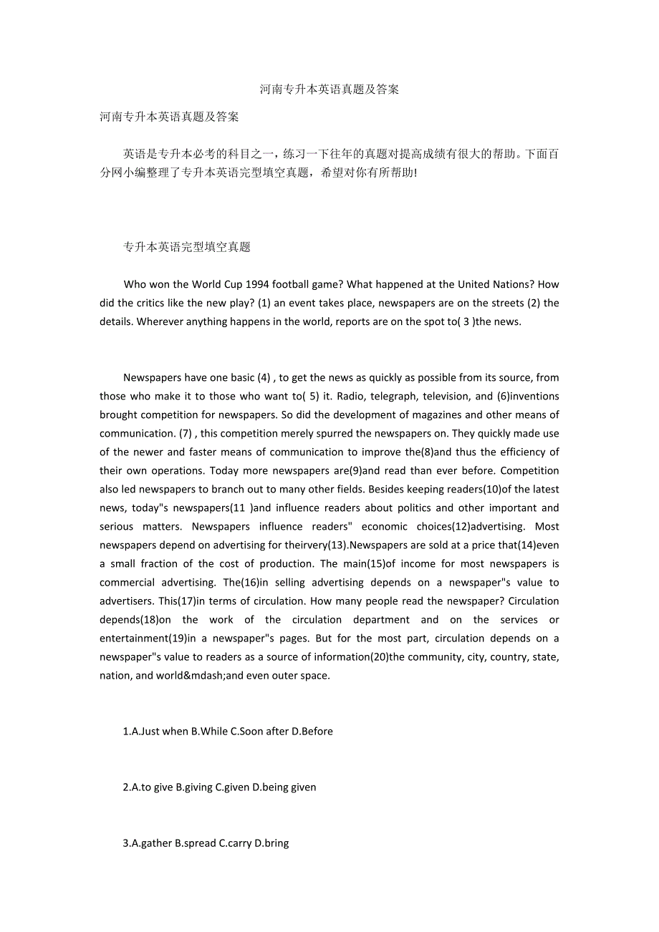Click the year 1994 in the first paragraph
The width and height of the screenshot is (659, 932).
pos(238,284)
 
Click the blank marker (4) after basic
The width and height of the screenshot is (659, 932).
pos(264,377)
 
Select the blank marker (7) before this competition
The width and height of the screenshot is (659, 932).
pos(186,433)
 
